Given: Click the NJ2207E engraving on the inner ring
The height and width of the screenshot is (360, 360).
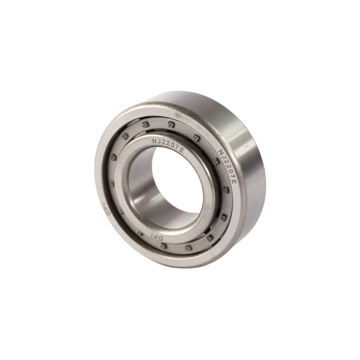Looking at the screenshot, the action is (168, 144).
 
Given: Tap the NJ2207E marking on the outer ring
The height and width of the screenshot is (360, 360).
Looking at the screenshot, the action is (227, 164).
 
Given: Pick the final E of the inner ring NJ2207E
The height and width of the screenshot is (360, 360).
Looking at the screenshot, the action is (181, 150).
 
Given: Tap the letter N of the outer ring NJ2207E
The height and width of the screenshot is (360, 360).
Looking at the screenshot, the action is (220, 152).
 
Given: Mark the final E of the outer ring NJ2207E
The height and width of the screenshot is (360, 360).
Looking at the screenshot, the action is (234, 178).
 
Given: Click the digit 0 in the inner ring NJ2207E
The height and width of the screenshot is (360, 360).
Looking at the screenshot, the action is (172, 145).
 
